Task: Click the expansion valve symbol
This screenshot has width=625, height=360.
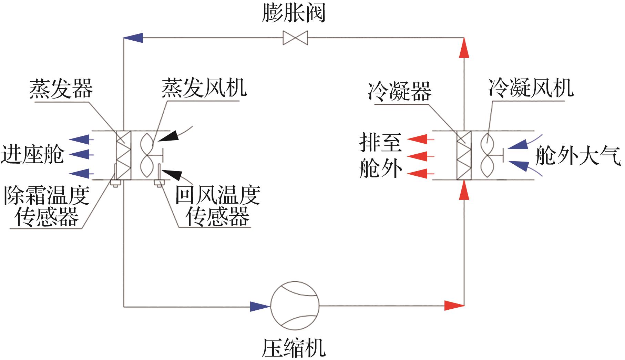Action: click(295, 38)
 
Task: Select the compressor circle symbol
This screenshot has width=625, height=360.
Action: click(295, 305)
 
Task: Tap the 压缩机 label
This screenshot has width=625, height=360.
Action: click(294, 348)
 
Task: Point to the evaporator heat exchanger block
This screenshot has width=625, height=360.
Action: click(123, 155)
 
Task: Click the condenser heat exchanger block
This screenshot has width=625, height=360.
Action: click(464, 155)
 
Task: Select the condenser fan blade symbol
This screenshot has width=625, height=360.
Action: click(487, 155)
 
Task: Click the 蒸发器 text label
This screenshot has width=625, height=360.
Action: click(61, 88)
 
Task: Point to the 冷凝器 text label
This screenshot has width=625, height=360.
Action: click(400, 91)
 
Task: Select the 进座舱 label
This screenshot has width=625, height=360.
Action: click(32, 155)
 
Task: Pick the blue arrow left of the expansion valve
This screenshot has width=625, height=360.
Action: click(133, 38)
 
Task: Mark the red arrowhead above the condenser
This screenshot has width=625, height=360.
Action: click(464, 48)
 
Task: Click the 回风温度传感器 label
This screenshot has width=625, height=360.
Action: click(218, 206)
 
